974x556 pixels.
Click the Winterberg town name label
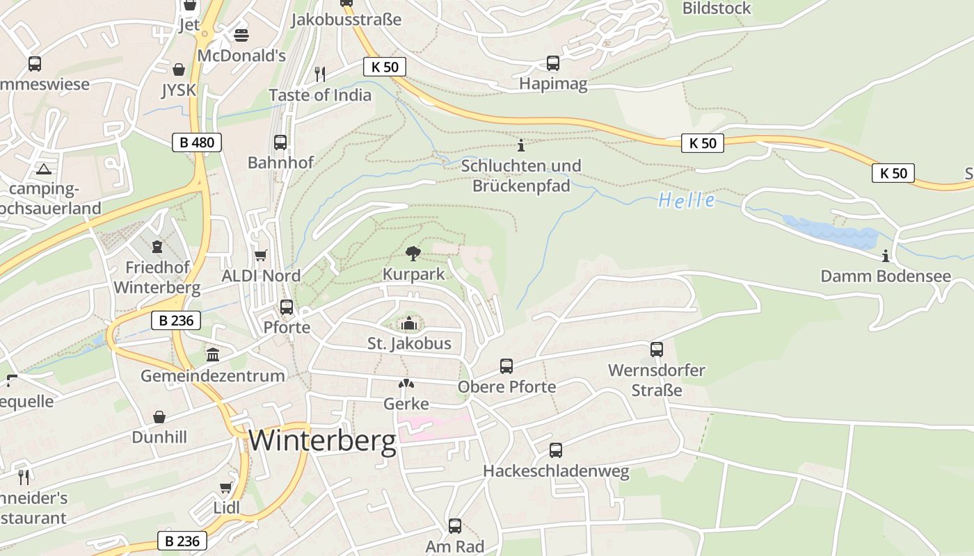322,441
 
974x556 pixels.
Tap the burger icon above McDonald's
241,35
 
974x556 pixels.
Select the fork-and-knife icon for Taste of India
320,74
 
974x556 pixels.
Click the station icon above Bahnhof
280,142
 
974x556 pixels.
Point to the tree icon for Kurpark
413,253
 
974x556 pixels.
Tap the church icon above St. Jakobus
409,323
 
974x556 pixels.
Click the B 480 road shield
197,142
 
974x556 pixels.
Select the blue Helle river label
686,201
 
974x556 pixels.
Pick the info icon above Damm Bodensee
886,256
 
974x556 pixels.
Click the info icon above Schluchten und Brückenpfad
521,145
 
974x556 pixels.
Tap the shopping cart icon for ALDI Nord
261,256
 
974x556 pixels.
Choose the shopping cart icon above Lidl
226,487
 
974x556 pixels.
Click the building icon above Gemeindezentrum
213,355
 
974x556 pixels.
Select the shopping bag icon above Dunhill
159,417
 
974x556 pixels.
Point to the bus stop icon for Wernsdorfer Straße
656,350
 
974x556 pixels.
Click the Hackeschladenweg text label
556,471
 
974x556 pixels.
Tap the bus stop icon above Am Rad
455,526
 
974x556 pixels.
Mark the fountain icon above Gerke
406,384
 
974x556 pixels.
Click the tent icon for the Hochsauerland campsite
44,169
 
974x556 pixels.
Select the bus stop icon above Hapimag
553,63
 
